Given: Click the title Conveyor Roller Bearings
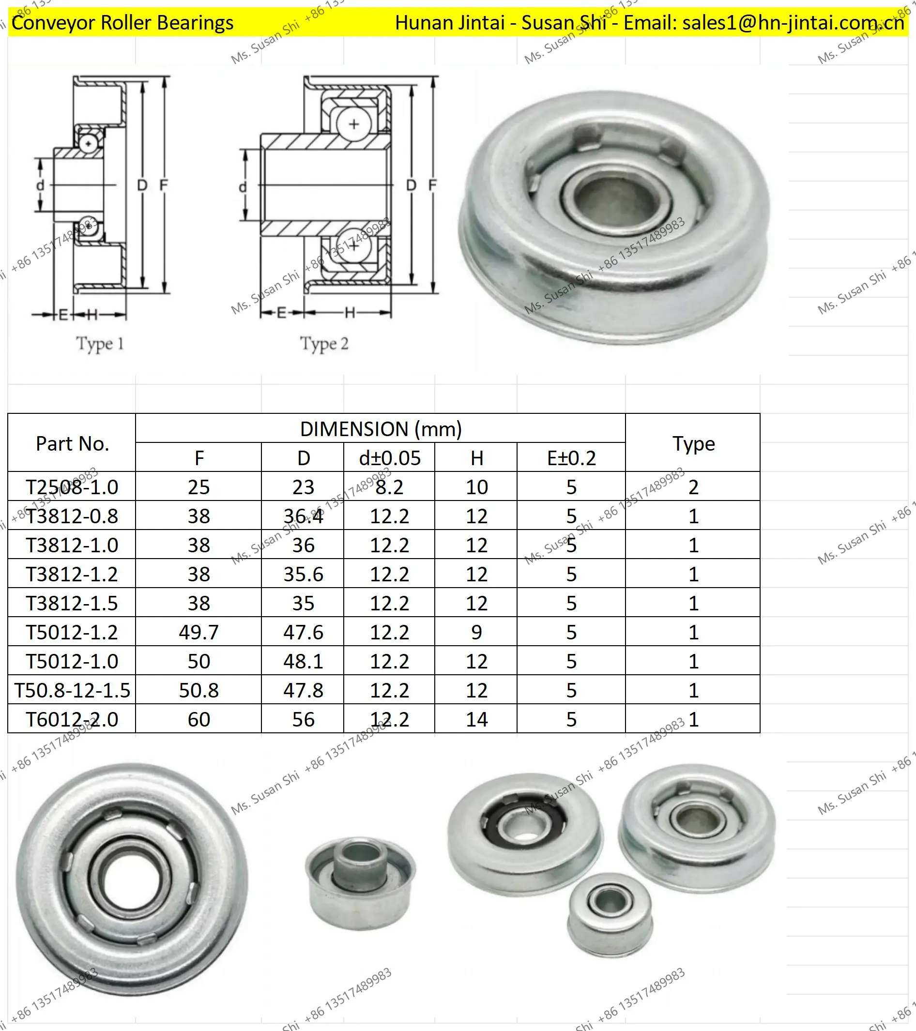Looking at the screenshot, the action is (x=122, y=23).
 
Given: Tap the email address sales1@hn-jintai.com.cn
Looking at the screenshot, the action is (x=793, y=23).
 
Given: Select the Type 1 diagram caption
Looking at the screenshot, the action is (x=100, y=344).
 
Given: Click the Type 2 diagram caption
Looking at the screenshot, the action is (x=324, y=344).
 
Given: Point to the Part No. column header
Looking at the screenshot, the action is (x=72, y=443).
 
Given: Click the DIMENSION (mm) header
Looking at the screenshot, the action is (x=381, y=429).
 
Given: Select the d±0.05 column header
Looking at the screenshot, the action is (x=389, y=458).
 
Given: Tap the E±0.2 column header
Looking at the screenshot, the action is (x=571, y=458).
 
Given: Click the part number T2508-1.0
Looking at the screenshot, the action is (x=72, y=487).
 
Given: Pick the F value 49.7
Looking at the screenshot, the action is (x=198, y=632).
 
